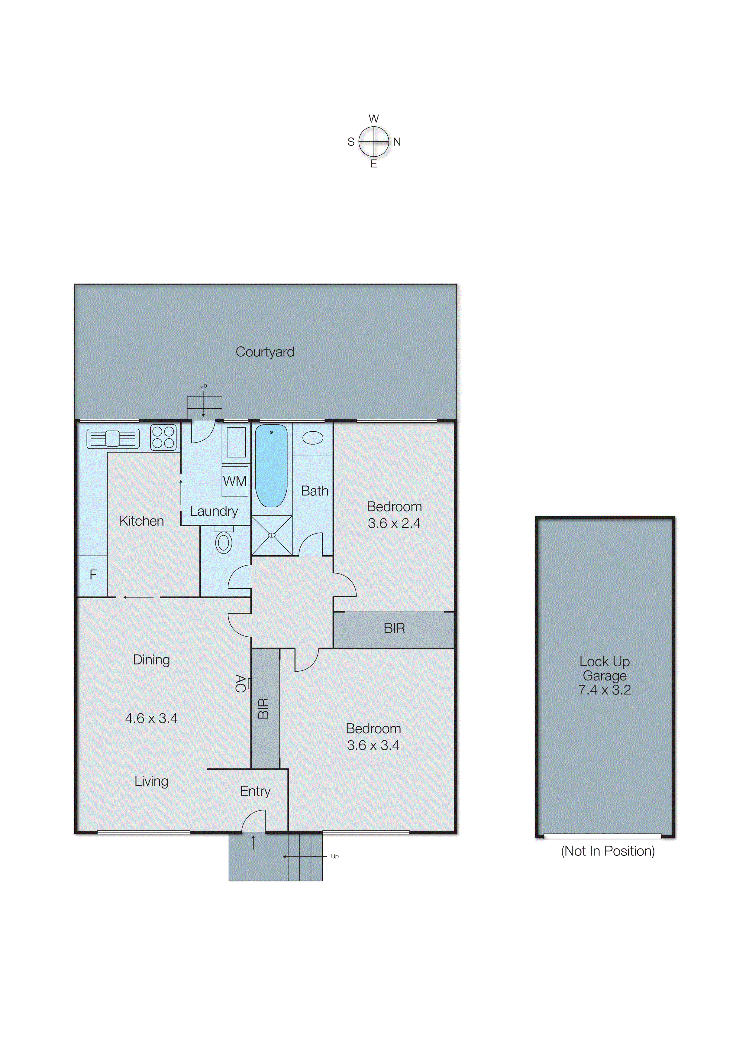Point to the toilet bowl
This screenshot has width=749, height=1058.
point(224,542)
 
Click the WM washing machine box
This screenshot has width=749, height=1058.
point(235,481)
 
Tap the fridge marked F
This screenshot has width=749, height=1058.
point(93,575)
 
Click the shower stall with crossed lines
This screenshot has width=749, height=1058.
point(272,535)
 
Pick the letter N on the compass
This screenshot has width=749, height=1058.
point(397,142)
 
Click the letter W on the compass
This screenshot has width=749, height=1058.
point(373,118)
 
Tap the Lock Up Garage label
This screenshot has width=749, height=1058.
point(605,676)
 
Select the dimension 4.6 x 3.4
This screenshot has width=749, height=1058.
point(151,719)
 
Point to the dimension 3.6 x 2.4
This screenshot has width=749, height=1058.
point(394,523)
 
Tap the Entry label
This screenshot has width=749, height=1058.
point(255,791)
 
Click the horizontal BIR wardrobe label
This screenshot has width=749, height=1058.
point(394,628)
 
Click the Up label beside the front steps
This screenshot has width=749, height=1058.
point(335,856)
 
